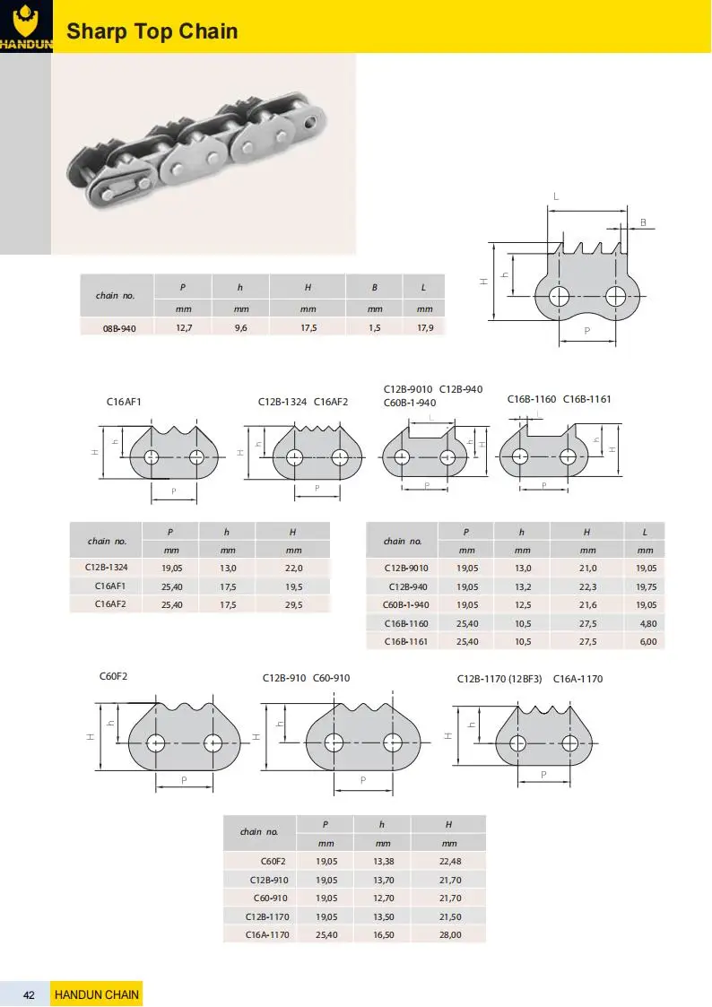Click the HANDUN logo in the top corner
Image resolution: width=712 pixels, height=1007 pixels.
pyautogui.click(x=26, y=26)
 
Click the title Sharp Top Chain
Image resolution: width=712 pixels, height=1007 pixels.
pyautogui.click(x=152, y=32)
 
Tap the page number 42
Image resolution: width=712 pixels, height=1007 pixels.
pyautogui.click(x=30, y=994)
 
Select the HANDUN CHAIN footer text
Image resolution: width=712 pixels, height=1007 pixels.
pyautogui.click(x=97, y=994)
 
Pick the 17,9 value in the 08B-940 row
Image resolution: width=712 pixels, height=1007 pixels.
pyautogui.click(x=425, y=329)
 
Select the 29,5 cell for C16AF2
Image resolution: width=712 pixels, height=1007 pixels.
pyautogui.click(x=293, y=604)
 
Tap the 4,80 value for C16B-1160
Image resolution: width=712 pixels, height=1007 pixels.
pyautogui.click(x=645, y=622)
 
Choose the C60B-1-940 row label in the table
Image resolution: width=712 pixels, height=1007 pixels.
pyautogui.click(x=405, y=604)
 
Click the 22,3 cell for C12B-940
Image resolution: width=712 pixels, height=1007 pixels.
pyautogui.click(x=587, y=586)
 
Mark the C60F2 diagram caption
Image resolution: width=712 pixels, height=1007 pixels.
pyautogui.click(x=113, y=675)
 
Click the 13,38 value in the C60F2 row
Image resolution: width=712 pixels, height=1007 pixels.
pyautogui.click(x=383, y=862)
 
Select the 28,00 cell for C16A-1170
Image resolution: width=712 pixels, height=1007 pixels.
pyautogui.click(x=449, y=934)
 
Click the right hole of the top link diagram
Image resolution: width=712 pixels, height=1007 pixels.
pyautogui.click(x=615, y=295)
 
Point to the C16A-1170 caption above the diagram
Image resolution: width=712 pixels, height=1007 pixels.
pyautogui.click(x=577, y=679)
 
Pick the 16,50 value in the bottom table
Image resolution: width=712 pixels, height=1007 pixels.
pyautogui.click(x=383, y=934)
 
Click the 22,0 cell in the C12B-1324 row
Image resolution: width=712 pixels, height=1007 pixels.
pyautogui.click(x=293, y=568)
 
